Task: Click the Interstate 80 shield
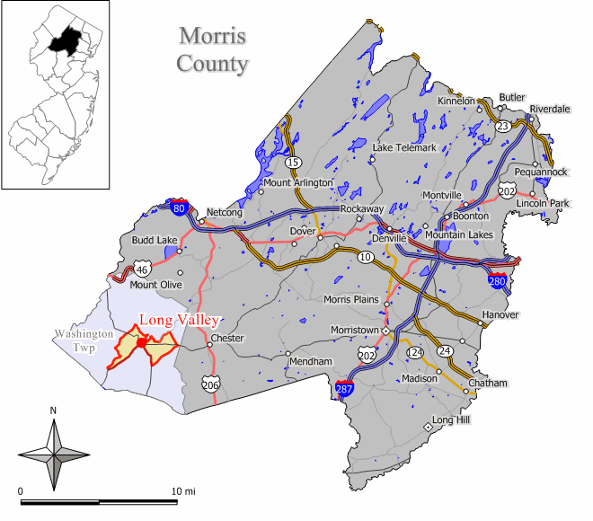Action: coord(179,208)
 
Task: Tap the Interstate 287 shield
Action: coord(343,389)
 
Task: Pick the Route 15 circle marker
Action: coord(293,163)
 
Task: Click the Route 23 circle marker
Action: coord(503,127)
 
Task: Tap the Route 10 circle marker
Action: coord(366,258)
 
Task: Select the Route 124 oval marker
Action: coord(415,353)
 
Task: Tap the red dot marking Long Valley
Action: coord(141,342)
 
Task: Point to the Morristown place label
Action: coord(354,331)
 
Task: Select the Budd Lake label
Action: coord(155,241)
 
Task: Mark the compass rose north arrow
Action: coord(54,429)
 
